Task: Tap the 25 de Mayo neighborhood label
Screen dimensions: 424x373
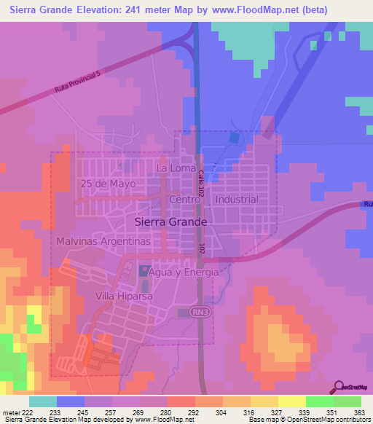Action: coord(109,184)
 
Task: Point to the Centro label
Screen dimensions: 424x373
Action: coord(184,199)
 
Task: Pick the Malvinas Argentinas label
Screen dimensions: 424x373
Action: coord(103,240)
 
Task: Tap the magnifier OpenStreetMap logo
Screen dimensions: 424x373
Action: coord(338,387)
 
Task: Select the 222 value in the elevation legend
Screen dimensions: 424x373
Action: coord(26,412)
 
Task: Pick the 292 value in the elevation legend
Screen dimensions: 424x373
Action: coord(195,412)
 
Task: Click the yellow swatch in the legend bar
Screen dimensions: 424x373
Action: coord(291,401)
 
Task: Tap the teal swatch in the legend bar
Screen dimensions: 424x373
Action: coord(43,401)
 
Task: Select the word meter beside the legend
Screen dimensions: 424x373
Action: coord(10,412)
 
